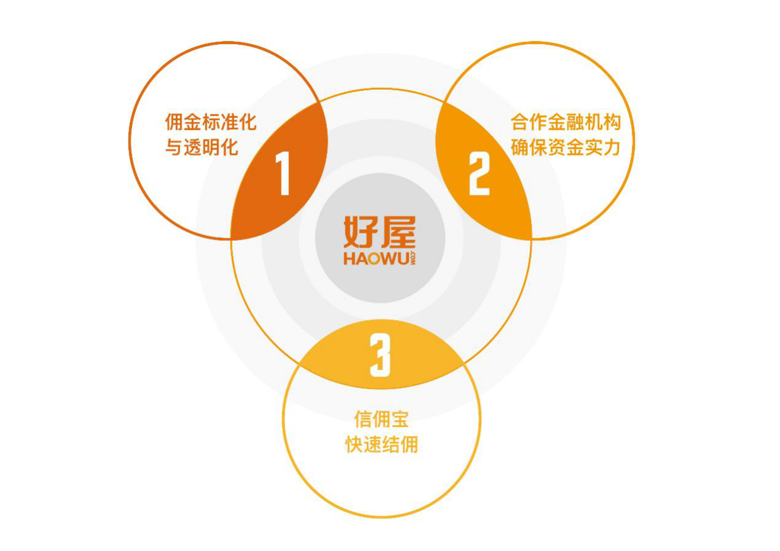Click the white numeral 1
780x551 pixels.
[283, 173]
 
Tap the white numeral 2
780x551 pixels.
[479, 173]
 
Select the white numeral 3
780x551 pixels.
[380, 354]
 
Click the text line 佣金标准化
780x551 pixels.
[211, 122]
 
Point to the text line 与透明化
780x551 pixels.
[202, 147]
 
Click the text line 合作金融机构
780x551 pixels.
[566, 122]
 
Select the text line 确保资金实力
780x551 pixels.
[566, 147]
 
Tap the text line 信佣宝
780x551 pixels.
[381, 419]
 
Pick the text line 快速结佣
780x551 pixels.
[381, 445]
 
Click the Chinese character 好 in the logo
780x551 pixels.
[361, 232]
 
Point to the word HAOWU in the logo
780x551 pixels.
[376, 259]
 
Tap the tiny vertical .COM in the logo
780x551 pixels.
[412, 258]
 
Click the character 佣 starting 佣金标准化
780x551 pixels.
[174, 122]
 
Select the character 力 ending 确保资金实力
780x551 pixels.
[612, 147]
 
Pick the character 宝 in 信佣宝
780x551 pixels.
[400, 419]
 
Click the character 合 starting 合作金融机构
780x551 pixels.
[520, 122]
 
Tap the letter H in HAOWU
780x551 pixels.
[349, 259]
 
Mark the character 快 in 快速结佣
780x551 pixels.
[354, 445]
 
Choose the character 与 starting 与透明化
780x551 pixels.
[174, 147]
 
